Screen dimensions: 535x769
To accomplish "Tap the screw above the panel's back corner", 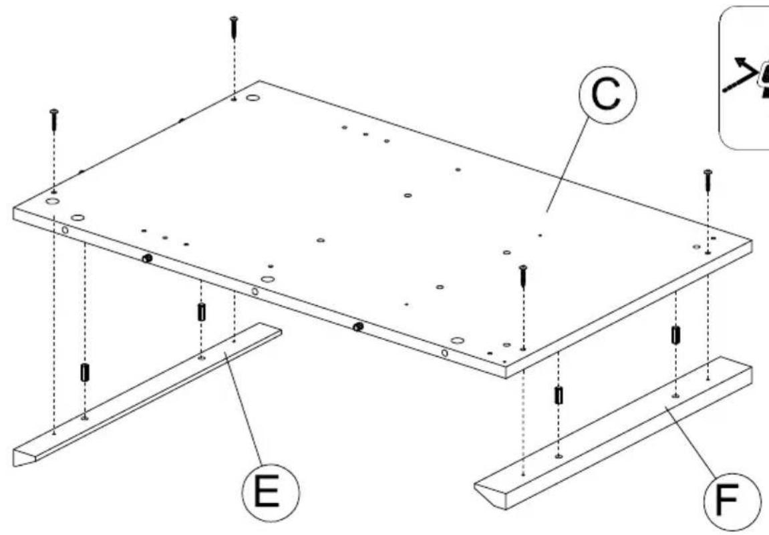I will click(x=233, y=28).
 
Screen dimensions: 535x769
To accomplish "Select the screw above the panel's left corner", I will click(x=53, y=120).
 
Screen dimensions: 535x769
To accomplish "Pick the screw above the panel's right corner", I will click(x=708, y=180).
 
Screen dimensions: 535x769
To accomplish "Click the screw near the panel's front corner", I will click(x=523, y=276).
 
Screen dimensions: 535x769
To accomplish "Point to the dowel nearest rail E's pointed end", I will click(x=84, y=371).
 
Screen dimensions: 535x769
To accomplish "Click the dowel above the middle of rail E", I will click(x=200, y=311).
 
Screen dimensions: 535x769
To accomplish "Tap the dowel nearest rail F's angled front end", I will click(x=558, y=395).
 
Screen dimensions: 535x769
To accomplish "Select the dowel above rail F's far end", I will click(x=675, y=335).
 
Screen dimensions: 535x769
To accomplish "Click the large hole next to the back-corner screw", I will click(x=253, y=98).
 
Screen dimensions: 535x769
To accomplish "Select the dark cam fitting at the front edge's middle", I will click(x=358, y=326).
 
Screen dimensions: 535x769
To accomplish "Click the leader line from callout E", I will click(x=247, y=414).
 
